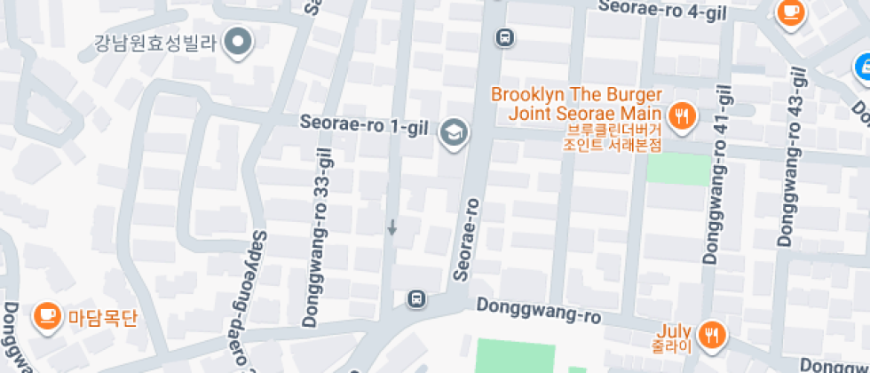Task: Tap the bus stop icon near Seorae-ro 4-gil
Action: (503, 37)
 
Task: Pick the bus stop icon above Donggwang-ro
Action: (415, 298)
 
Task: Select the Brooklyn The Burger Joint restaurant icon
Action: (682, 115)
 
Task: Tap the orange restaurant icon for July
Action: (711, 334)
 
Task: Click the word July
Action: (675, 327)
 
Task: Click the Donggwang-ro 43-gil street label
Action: (792, 158)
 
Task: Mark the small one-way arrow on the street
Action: (391, 228)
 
